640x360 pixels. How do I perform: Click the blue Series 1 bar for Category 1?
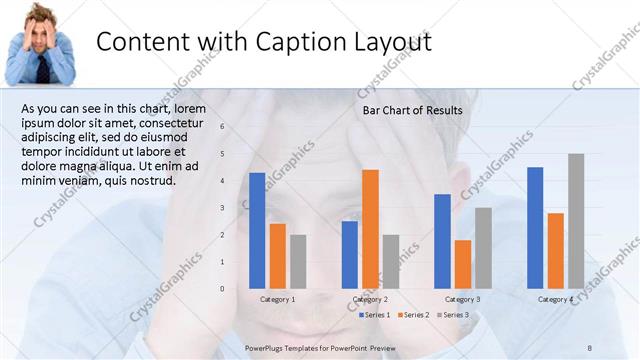(x=257, y=230)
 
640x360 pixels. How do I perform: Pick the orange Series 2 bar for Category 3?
(x=463, y=263)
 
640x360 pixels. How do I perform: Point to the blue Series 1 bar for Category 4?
(x=535, y=227)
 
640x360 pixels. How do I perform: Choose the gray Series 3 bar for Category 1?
(x=298, y=261)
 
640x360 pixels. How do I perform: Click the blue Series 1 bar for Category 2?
(x=349, y=254)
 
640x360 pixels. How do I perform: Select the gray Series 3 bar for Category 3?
(x=483, y=247)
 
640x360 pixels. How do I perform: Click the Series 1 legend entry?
(x=375, y=315)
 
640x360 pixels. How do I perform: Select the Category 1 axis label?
(x=277, y=300)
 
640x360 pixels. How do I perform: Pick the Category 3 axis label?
(x=463, y=300)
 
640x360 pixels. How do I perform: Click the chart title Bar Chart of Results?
(x=412, y=110)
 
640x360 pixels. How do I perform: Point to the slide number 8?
(x=590, y=345)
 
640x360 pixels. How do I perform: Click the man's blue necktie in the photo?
(x=45, y=68)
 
